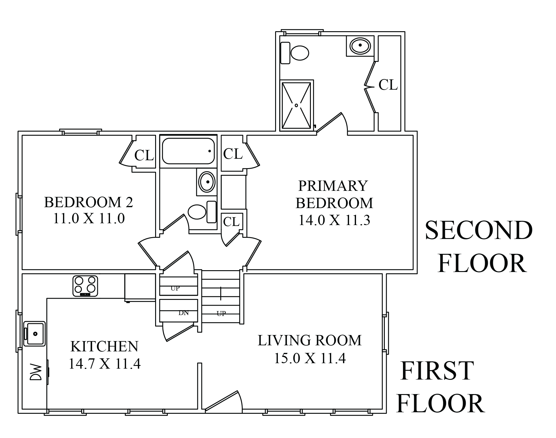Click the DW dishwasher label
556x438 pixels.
[x=35, y=372]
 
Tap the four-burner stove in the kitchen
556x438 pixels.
[x=85, y=286]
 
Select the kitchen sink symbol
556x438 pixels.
[x=35, y=333]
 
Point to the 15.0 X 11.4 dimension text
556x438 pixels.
[x=310, y=359]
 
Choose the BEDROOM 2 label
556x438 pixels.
[x=88, y=202]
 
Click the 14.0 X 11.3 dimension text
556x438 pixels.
[x=334, y=221]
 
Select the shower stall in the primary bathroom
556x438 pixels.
[x=296, y=105]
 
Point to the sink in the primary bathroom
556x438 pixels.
[x=360, y=46]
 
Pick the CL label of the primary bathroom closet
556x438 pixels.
[x=388, y=85]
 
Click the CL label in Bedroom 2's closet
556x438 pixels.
[x=144, y=156]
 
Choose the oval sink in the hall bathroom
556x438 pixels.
[x=207, y=182]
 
